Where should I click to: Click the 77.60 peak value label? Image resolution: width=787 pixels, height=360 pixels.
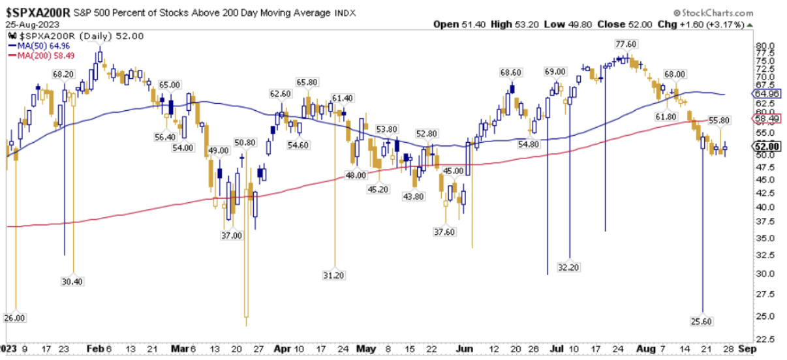[625, 44]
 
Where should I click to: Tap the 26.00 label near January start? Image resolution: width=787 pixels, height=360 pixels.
[14, 318]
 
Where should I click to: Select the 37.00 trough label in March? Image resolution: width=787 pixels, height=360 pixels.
[232, 235]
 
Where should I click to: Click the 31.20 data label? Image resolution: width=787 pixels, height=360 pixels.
[333, 275]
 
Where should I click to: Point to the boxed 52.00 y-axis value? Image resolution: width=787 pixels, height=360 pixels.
[763, 147]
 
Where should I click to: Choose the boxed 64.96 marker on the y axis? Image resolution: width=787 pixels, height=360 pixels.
[763, 93]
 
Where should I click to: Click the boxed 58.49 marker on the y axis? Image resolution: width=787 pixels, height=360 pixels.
[763, 119]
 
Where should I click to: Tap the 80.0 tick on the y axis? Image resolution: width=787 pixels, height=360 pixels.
[762, 46]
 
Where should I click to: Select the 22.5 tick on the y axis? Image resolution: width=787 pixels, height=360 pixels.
[762, 338]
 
